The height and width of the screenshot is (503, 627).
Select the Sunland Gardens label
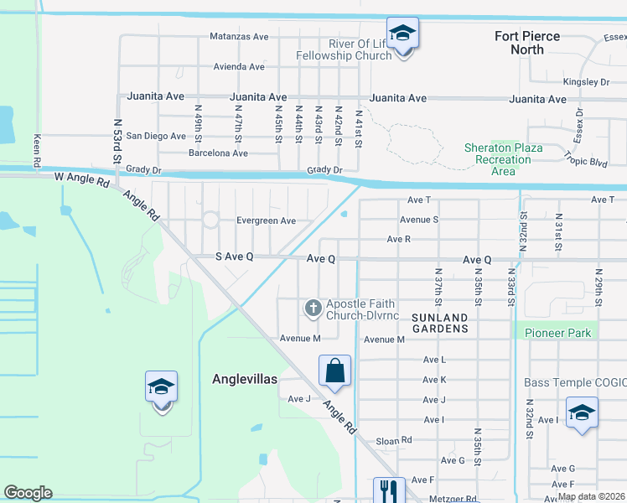point(440,323)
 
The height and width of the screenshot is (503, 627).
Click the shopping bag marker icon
point(334,370)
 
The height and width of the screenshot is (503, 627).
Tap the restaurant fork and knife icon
point(388,490)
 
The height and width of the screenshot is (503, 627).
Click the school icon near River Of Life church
point(402,33)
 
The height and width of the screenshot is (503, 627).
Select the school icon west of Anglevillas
point(161,386)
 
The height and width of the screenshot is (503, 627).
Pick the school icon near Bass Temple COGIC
point(582,412)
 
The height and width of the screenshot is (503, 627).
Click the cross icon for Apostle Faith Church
point(313,309)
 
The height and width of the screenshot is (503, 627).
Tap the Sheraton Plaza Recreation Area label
point(503,159)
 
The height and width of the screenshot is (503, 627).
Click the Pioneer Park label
point(557,333)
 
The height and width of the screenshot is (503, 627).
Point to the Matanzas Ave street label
point(239,37)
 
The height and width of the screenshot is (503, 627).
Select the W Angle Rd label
point(82,179)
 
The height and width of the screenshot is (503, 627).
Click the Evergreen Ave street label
point(266,220)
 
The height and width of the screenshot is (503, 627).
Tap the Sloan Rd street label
point(394,439)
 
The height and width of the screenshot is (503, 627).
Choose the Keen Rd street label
point(37,148)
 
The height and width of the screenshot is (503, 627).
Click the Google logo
point(28,493)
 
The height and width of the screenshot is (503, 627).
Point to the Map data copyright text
point(590,496)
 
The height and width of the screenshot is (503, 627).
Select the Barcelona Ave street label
point(218,153)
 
